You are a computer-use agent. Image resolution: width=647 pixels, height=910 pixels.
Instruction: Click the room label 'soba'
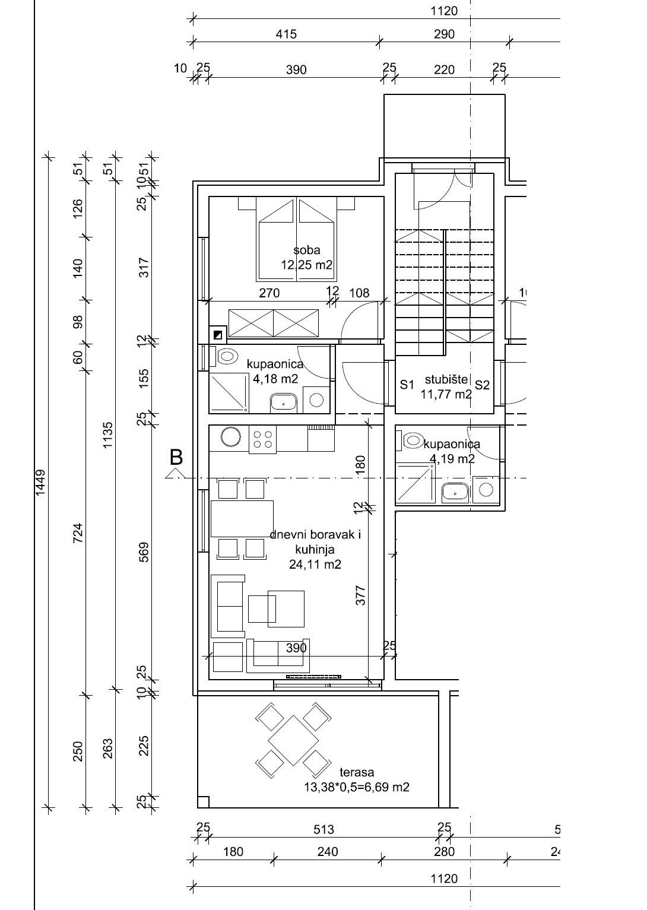307,250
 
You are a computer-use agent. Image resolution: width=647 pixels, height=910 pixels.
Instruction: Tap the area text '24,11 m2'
315,565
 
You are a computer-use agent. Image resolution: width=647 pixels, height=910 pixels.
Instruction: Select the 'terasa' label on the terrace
357,772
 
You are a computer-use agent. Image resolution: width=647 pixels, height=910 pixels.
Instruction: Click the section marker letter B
176,457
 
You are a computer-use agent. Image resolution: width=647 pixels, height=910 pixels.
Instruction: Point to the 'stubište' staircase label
446,379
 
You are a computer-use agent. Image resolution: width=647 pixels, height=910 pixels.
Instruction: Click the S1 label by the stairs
407,384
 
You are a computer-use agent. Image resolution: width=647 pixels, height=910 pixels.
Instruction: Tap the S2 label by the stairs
482,384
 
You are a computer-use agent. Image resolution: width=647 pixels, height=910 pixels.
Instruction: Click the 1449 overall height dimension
40,483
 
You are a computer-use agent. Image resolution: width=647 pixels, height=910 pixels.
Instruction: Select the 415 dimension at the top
286,34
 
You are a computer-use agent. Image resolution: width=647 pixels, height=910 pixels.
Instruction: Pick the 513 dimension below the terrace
323,829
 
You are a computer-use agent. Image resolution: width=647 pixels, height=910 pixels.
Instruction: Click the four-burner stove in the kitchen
262,439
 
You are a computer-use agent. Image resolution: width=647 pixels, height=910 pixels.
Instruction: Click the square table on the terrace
293,741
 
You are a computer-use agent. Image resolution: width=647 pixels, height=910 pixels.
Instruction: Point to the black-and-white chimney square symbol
218,335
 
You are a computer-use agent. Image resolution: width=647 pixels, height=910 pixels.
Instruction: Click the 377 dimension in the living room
360,595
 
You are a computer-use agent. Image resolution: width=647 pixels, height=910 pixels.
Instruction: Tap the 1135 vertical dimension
107,435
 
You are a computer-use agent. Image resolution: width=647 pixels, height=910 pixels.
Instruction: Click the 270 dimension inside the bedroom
269,293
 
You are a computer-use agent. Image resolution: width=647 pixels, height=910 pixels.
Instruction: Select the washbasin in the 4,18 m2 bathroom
284,402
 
